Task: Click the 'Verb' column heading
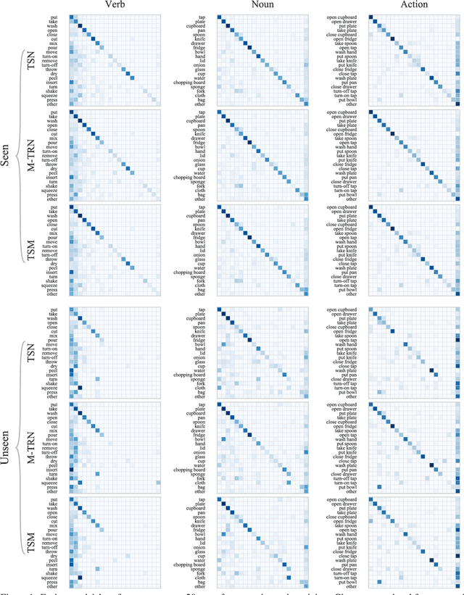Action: pos(115,5)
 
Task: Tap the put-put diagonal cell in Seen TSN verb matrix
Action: pos(71,16)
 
